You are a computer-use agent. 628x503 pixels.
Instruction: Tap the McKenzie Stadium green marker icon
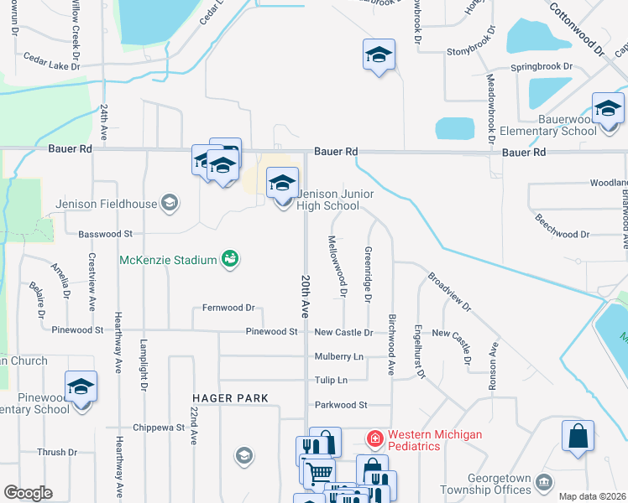228,259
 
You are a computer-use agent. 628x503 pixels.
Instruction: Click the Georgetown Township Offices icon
544,482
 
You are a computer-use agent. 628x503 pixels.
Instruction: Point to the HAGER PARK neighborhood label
230,397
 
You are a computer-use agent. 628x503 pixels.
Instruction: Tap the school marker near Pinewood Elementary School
81,387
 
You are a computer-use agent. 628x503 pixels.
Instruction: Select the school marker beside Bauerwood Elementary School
608,110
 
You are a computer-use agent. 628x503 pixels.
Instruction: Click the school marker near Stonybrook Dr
379,56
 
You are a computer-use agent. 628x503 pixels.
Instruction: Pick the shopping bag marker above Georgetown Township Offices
578,437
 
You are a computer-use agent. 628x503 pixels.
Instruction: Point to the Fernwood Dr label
228,308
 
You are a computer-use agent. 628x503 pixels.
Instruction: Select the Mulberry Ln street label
339,356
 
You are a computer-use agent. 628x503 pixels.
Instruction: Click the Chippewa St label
158,428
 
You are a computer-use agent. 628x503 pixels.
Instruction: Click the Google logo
28,493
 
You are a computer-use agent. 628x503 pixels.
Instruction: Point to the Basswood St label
105,234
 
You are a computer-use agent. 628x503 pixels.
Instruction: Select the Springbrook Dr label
542,65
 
